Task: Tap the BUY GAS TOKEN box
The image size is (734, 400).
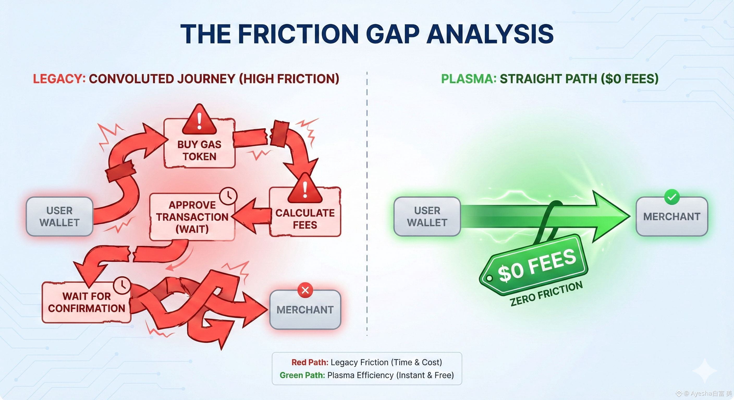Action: click(199, 150)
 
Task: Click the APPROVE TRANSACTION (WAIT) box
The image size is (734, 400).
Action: click(192, 217)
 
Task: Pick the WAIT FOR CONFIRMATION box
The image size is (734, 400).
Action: click(86, 302)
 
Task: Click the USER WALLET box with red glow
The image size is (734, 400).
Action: click(59, 217)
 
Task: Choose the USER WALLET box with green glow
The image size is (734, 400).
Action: click(427, 217)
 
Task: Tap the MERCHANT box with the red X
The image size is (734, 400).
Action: click(305, 310)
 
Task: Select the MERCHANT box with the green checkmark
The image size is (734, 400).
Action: click(672, 217)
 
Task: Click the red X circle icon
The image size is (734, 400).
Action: click(305, 290)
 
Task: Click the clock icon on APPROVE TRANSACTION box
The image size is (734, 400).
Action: click(228, 196)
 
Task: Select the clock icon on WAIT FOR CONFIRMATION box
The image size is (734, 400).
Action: click(122, 285)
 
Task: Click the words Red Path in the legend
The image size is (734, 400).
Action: click(310, 362)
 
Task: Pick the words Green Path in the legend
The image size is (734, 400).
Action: click(302, 375)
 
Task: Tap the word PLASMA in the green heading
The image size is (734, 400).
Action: click(468, 79)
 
